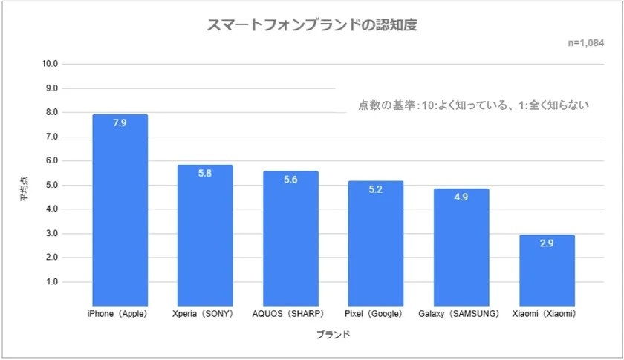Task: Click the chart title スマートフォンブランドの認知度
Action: pos(311,25)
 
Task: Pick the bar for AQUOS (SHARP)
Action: pos(290,238)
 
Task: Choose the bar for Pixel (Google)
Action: pos(376,243)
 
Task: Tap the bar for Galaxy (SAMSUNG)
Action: pos(461,246)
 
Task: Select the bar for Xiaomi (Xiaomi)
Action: pos(547,271)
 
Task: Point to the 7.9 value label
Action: pos(120,123)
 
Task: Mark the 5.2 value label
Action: pos(376,189)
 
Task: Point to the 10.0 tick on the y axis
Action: pos(51,64)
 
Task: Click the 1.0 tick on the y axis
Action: pos(52,282)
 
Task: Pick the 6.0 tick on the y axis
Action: pos(52,161)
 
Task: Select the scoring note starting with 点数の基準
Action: pos(473,105)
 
